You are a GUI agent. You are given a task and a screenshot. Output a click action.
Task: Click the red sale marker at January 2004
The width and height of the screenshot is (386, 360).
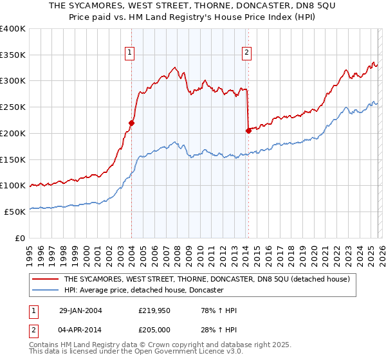pyautogui.click(x=131, y=122)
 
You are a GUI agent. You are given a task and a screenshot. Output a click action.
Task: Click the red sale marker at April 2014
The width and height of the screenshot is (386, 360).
pyautogui.click(x=248, y=130)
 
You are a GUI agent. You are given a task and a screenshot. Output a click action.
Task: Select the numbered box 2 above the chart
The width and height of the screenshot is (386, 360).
pyautogui.click(x=247, y=53)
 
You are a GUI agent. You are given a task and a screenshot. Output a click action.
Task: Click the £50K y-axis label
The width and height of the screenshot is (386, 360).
pyautogui.click(x=15, y=212)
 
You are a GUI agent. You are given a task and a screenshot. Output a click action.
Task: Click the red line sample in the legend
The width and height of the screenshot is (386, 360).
pyautogui.click(x=45, y=279)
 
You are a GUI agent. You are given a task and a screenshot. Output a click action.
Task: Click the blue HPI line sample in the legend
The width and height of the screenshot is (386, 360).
pyautogui.click(x=45, y=291)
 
